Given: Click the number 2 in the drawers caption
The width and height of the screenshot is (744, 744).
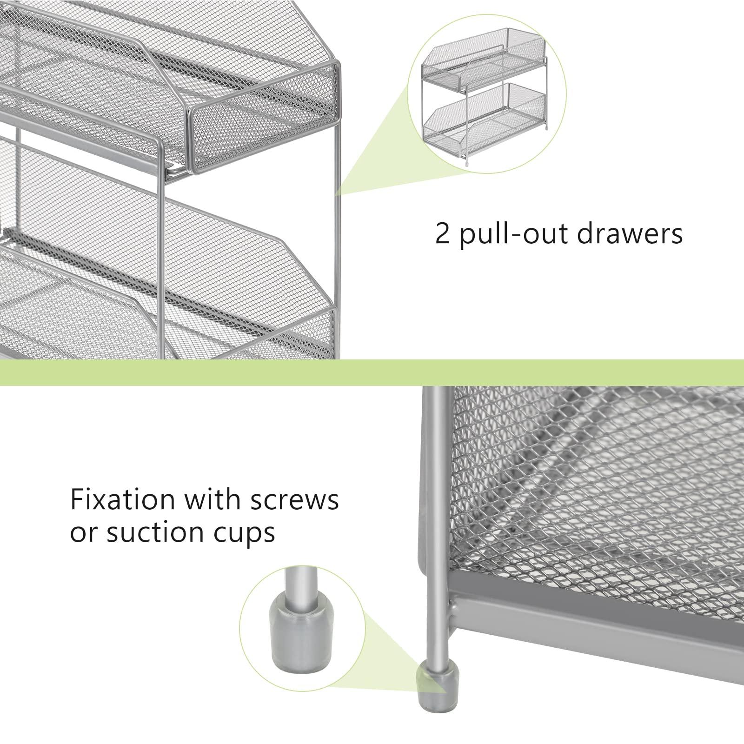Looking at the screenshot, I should [443, 233].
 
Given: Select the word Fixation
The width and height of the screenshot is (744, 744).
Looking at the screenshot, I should [122, 500].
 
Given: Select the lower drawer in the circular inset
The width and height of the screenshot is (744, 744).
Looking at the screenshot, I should [484, 122].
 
